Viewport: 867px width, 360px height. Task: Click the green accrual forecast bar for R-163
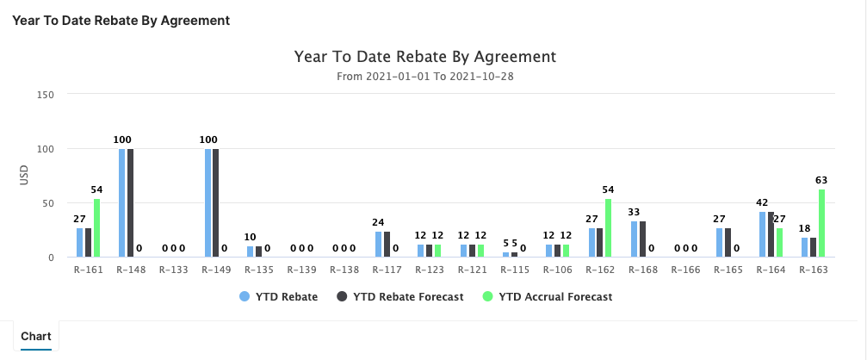(x=821, y=223)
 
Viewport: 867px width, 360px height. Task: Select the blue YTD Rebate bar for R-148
(x=122, y=203)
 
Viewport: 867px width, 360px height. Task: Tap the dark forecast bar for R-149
(x=216, y=203)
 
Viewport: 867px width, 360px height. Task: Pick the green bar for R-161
(x=96, y=228)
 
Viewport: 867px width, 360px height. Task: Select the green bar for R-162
(x=609, y=228)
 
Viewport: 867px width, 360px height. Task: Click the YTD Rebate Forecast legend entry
(x=400, y=297)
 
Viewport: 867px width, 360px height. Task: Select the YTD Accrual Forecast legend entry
(x=548, y=297)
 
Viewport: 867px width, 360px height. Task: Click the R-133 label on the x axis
(x=174, y=270)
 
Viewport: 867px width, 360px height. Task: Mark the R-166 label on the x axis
(x=685, y=270)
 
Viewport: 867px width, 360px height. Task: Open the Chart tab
(x=35, y=336)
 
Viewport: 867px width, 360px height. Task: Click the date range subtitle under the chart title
(x=425, y=77)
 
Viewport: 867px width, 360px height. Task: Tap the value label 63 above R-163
(x=822, y=181)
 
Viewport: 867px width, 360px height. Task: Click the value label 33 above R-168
(x=635, y=213)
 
